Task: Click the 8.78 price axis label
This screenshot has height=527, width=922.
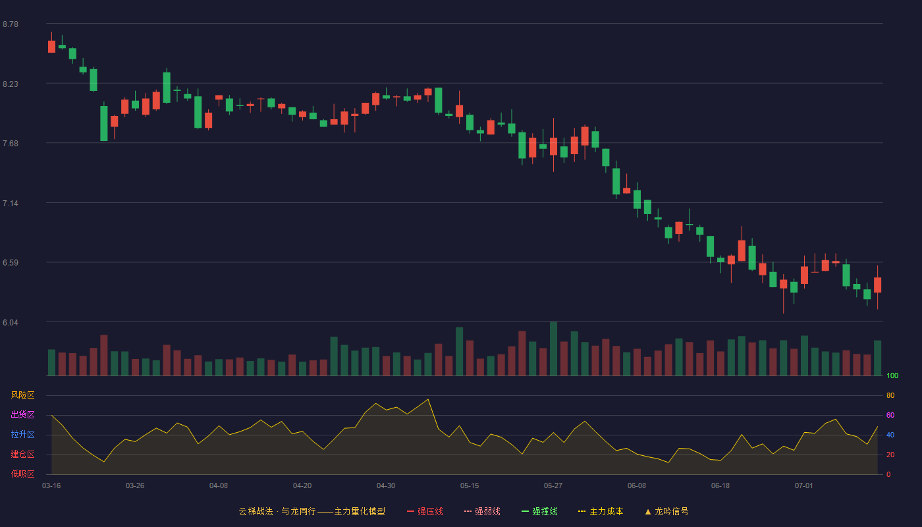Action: click(11, 24)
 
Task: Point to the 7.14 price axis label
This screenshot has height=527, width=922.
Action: click(11, 204)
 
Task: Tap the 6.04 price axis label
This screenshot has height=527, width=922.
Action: click(11, 323)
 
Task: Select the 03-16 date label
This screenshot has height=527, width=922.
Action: click(51, 486)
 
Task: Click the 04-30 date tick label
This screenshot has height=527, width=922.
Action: click(386, 486)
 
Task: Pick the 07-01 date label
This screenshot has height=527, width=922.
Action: click(804, 486)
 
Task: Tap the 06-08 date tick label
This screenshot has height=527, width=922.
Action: click(637, 486)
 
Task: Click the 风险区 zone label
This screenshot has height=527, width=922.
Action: click(22, 395)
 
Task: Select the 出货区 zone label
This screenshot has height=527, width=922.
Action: click(22, 414)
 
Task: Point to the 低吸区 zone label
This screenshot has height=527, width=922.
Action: click(22, 474)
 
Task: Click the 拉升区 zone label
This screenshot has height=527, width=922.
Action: click(22, 434)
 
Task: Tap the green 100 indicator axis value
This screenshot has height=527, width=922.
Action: click(892, 375)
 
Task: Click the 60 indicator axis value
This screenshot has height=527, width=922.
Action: click(890, 415)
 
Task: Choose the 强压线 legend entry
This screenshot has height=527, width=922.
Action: click(425, 511)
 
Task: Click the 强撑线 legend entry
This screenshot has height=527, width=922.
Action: click(539, 511)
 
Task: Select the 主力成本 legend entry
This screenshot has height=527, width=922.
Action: click(601, 511)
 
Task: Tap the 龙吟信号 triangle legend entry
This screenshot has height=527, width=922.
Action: click(666, 511)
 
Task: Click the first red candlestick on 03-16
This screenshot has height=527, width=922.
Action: click(51, 47)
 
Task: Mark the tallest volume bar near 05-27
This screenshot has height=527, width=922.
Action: click(554, 348)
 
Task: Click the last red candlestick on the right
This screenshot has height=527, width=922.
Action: click(877, 285)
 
